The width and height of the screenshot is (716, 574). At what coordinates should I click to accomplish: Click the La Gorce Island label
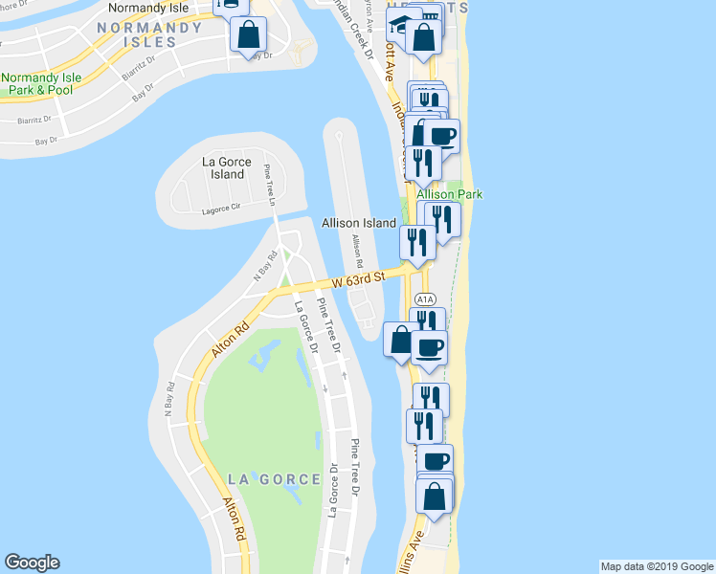click(x=226, y=167)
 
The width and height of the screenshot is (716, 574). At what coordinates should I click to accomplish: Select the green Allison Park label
click(x=449, y=194)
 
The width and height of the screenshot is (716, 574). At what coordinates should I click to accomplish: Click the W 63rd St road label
click(x=358, y=279)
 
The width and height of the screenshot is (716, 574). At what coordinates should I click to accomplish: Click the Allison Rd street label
click(x=358, y=251)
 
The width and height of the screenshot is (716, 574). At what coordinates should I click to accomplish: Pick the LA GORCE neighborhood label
click(x=274, y=478)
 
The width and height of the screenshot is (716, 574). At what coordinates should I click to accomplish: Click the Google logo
click(x=32, y=563)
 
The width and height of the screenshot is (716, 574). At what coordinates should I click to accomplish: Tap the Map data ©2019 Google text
click(x=656, y=566)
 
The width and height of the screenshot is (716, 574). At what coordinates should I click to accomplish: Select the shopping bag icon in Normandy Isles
click(x=248, y=35)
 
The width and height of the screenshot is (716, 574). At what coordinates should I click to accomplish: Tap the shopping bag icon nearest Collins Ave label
click(x=435, y=497)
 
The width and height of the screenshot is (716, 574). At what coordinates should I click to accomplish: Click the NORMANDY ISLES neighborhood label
click(x=150, y=34)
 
